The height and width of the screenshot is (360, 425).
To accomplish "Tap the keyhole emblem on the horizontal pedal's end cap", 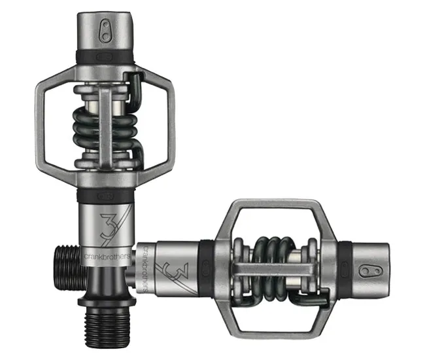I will (x=370, y=269).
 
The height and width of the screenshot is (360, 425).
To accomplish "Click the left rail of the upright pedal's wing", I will (x=41, y=124).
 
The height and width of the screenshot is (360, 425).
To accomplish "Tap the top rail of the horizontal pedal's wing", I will (x=271, y=204).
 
